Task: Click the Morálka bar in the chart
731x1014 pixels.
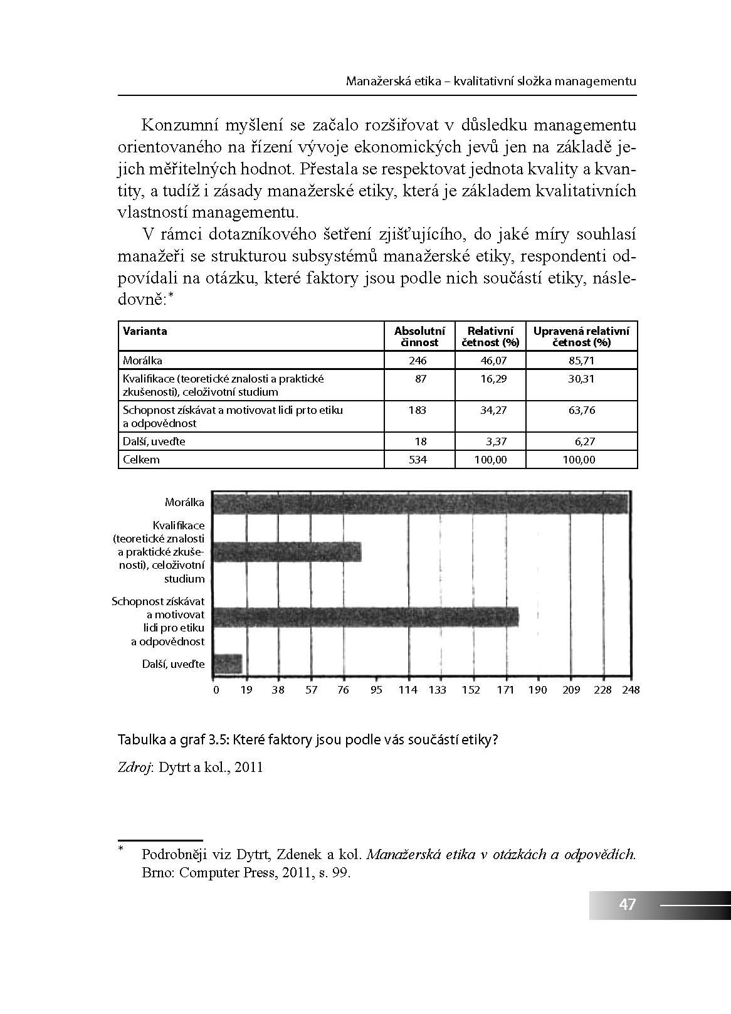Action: pos(420,504)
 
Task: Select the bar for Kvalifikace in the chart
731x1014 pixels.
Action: pos(287,552)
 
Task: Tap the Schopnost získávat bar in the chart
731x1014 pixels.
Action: pos(365,617)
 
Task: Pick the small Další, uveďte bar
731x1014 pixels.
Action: pos(228,663)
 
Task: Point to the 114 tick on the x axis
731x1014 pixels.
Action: pos(408,690)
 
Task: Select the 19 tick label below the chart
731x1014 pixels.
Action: pos(246,690)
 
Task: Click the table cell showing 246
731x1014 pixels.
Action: pos(418,361)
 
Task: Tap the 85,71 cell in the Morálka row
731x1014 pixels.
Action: pos(581,361)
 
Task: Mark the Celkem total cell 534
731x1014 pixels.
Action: pos(418,460)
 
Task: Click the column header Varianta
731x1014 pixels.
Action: pos(145,331)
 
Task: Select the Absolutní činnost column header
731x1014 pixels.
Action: pos(419,337)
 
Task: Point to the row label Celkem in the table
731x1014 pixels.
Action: pos(141,460)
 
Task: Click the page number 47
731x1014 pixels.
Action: pos(627,904)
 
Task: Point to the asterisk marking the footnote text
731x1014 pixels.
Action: pos(122,850)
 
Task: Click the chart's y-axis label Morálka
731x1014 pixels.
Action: pos(184,502)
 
